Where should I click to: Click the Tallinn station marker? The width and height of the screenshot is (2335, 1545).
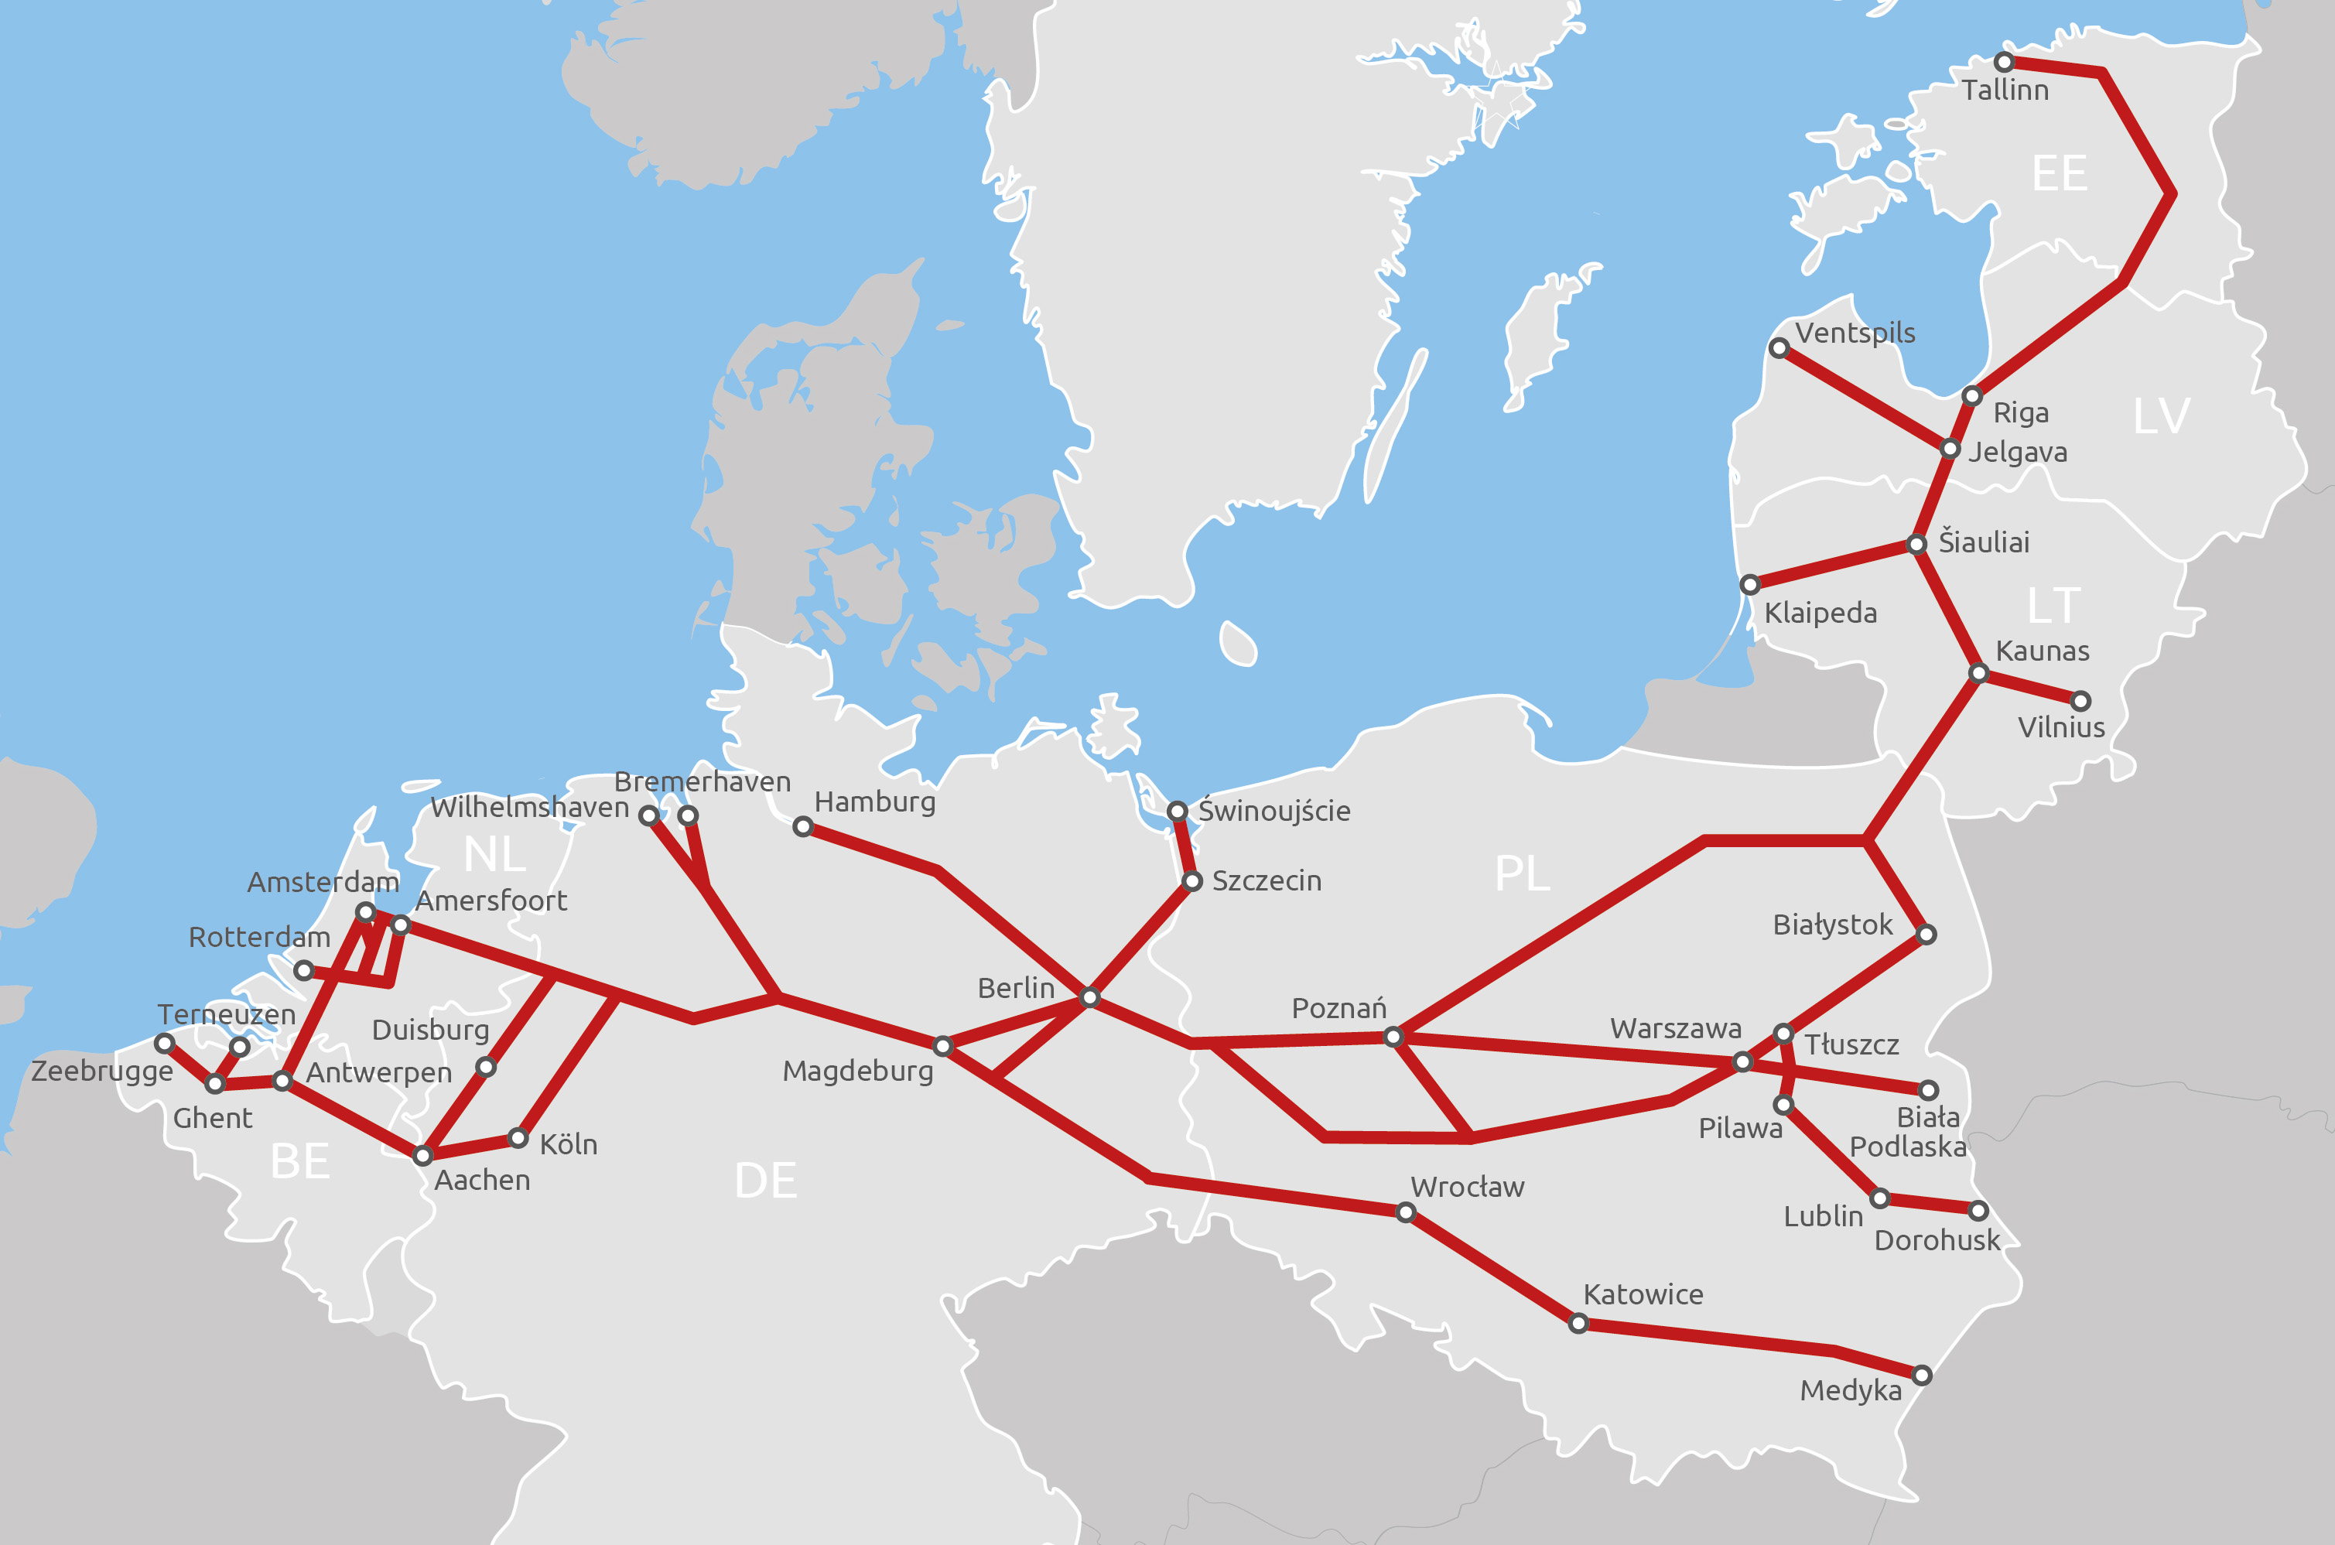pyautogui.click(x=2004, y=62)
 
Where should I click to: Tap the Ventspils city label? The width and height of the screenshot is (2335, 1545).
pyautogui.click(x=1855, y=333)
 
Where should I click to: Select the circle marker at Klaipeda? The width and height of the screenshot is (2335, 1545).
pyautogui.click(x=1750, y=586)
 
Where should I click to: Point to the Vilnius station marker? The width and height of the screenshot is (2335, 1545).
pyautogui.click(x=2080, y=702)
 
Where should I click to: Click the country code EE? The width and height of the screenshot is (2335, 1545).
pyautogui.click(x=2059, y=173)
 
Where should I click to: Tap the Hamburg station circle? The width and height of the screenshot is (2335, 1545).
pyautogui.click(x=803, y=827)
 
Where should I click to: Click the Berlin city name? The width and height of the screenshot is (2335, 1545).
pyautogui.click(x=1016, y=987)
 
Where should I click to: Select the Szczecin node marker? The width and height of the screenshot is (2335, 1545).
pyautogui.click(x=1192, y=881)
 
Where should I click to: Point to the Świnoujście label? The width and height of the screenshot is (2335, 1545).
pyautogui.click(x=1274, y=811)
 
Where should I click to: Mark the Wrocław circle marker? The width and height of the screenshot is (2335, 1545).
pyautogui.click(x=1406, y=1212)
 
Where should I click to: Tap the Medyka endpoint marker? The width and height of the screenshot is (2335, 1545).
pyautogui.click(x=1922, y=1375)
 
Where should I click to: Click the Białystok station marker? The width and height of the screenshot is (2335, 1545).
pyautogui.click(x=1927, y=934)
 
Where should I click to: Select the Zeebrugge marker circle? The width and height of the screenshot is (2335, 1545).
pyautogui.click(x=165, y=1042)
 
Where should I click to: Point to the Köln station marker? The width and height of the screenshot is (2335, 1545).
pyautogui.click(x=518, y=1138)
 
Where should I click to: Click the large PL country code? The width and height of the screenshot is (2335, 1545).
pyautogui.click(x=1522, y=873)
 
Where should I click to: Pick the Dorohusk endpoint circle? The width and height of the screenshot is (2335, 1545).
pyautogui.click(x=1978, y=1210)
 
